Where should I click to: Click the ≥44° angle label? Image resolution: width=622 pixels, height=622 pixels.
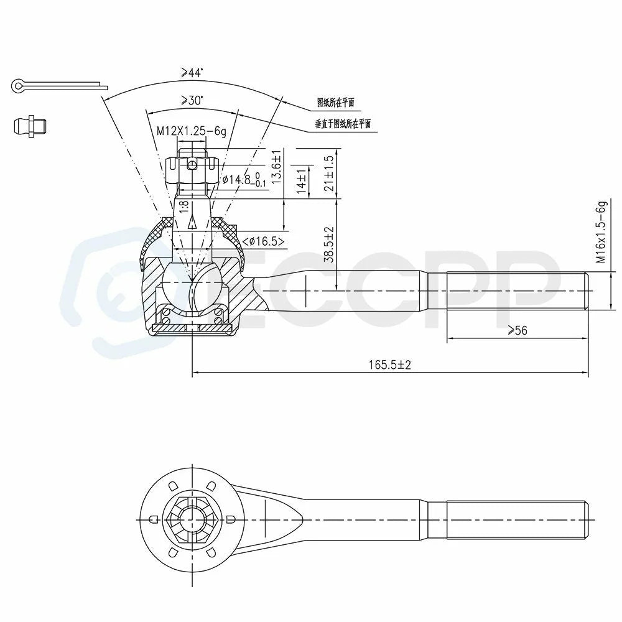[x=192, y=73]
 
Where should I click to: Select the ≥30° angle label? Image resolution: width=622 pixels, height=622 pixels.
[x=192, y=100]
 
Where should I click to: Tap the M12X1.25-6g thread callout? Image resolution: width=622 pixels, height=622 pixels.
[x=192, y=131]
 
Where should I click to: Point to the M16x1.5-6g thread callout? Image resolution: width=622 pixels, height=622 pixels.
[x=601, y=232]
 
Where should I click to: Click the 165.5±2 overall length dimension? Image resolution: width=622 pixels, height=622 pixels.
[x=390, y=364]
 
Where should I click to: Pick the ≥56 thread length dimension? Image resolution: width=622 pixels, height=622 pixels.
[x=518, y=330]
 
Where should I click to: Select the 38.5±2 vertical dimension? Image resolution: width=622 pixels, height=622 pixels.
[x=329, y=244]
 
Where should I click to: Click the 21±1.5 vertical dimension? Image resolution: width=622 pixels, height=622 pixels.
[x=329, y=174]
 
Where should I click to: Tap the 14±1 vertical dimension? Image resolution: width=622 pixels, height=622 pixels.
[x=302, y=181]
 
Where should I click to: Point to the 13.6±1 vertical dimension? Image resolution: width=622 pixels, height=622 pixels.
[x=276, y=167]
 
